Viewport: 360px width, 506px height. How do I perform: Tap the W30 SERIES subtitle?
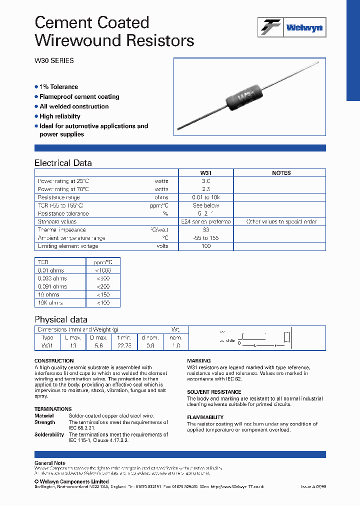click(x=54, y=60)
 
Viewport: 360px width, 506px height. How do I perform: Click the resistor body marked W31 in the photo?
click(x=244, y=96)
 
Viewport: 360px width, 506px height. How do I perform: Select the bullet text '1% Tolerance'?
click(x=58, y=87)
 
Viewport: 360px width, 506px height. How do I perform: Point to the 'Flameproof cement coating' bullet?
click(x=79, y=96)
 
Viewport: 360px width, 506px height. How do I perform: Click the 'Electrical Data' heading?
click(x=63, y=163)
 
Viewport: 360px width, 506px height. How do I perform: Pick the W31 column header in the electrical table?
click(x=205, y=173)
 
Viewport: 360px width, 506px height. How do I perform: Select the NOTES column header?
click(x=281, y=173)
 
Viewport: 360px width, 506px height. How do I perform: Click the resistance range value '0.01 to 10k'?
click(x=205, y=197)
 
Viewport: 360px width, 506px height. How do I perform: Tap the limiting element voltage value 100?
click(x=205, y=246)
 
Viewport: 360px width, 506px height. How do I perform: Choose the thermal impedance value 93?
click(x=205, y=230)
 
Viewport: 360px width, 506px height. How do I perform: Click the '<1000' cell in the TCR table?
click(x=102, y=270)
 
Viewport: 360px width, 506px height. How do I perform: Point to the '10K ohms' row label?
click(x=50, y=303)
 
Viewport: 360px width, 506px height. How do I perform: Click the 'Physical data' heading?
click(x=61, y=319)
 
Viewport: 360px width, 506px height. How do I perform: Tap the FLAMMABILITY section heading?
click(x=205, y=417)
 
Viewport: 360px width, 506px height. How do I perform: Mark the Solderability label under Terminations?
click(x=49, y=435)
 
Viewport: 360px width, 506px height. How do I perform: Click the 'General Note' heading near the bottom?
click(x=50, y=463)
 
